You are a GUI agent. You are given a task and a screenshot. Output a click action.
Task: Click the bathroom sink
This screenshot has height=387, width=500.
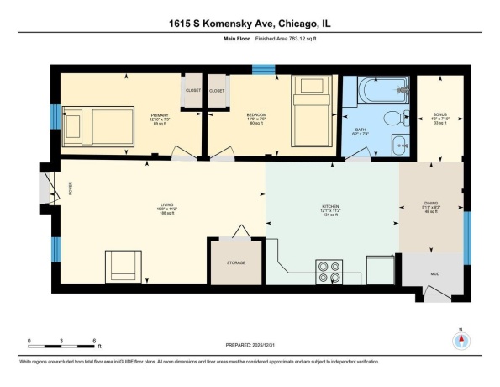point(398,143)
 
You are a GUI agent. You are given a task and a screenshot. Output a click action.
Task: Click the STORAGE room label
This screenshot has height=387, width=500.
point(235,263)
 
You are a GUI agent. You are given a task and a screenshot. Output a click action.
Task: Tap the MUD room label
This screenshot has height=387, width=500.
point(434,273)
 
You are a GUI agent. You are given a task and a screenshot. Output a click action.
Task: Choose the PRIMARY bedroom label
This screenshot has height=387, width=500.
point(160,114)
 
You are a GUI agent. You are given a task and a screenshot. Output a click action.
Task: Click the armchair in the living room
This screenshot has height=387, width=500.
point(124,268)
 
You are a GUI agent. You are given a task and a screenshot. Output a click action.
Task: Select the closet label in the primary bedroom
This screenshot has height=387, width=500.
point(189,89)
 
